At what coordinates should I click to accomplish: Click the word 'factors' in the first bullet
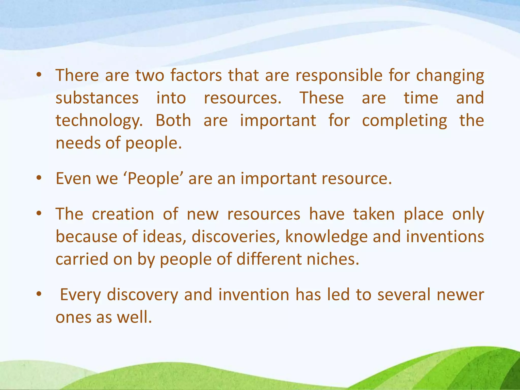196,75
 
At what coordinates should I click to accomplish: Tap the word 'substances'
97,98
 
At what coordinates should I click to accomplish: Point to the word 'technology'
99,121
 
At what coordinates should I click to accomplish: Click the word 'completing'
404,121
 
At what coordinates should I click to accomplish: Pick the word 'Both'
173,120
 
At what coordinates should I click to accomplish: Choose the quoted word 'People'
153,179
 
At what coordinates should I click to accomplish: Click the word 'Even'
73,178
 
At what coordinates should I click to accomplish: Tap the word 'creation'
123,214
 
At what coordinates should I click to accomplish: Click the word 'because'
86,237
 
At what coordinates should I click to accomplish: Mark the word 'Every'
80,295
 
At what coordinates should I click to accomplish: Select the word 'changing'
450,76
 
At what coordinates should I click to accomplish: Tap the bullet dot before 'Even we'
39,178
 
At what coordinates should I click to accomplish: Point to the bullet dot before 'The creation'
39,214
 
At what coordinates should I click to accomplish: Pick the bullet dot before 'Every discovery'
39,295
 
